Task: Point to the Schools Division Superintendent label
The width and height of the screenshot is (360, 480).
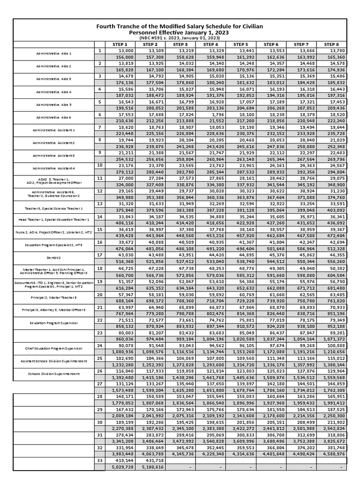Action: pos(54,374)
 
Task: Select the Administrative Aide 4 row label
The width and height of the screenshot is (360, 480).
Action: pos(54,92)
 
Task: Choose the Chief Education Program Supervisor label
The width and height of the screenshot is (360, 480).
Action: pos(54,348)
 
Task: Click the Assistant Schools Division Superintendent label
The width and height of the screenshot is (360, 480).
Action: pos(54,361)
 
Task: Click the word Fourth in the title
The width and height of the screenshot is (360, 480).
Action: pos(108,26)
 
